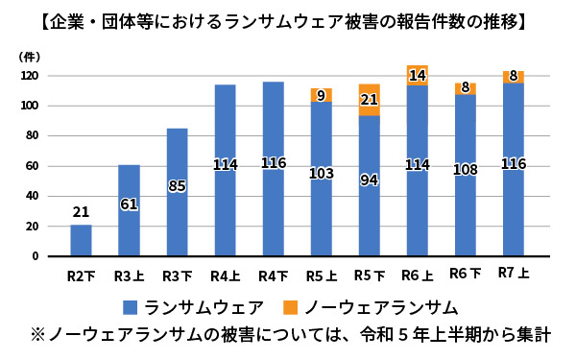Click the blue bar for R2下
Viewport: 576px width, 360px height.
click(82, 241)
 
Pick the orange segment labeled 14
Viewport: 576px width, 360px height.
click(417, 75)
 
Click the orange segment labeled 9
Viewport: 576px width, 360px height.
click(321, 94)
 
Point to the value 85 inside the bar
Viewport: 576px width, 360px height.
click(177, 185)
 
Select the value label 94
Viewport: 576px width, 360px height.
click(369, 180)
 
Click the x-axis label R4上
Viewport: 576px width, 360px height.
click(225, 275)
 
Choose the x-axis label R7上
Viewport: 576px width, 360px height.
click(513, 274)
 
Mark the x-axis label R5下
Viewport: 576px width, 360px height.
click(369, 275)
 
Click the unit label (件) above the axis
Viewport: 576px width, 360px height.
click(29, 58)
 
